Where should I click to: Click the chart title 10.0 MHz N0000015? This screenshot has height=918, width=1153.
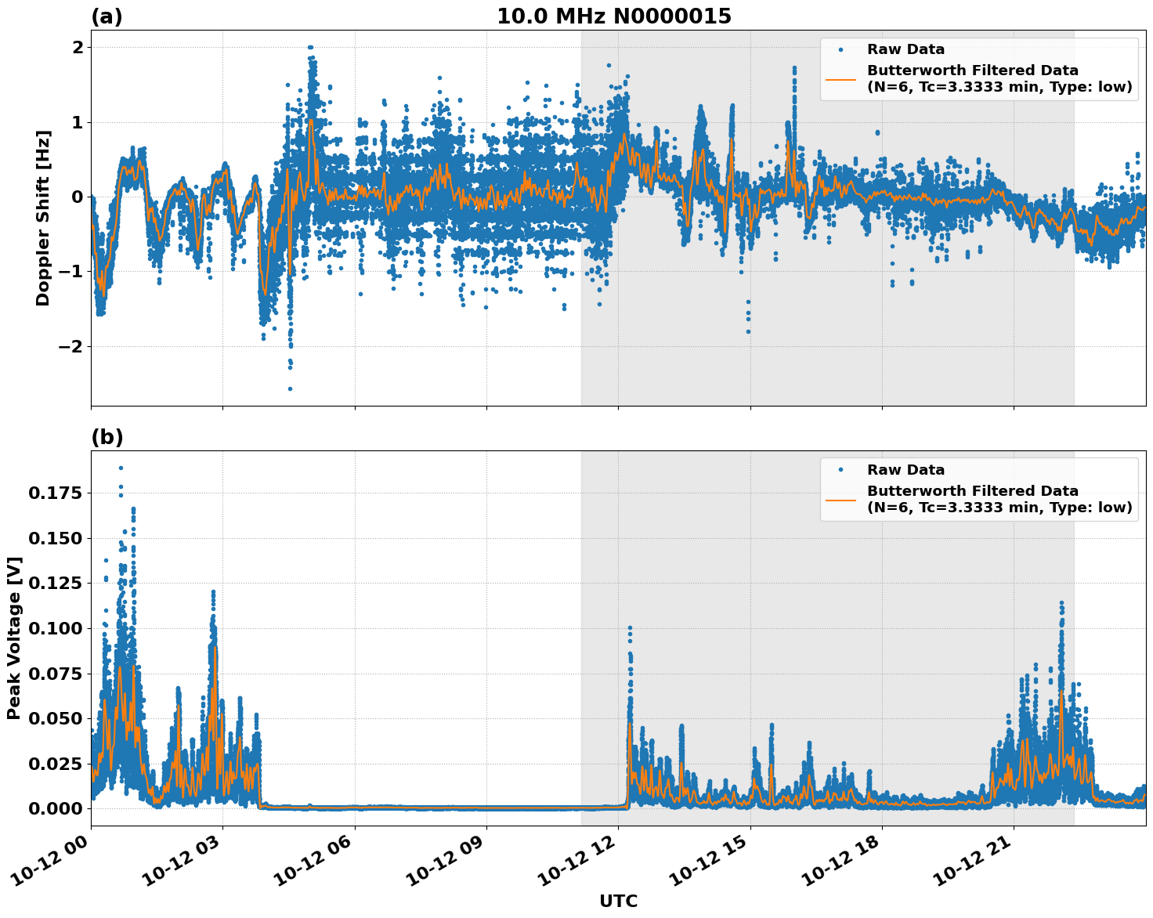pyautogui.click(x=614, y=16)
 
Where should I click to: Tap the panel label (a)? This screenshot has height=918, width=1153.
pyautogui.click(x=107, y=16)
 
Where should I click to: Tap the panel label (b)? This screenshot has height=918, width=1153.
pyautogui.click(x=107, y=437)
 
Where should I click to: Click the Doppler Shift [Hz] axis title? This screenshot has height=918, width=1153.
pyautogui.click(x=43, y=218)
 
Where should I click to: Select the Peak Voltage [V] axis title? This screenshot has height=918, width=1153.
pyautogui.click(x=14, y=638)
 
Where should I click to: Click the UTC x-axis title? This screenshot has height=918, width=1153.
pyautogui.click(x=618, y=901)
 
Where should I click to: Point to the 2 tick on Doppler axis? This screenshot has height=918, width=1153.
pyautogui.click(x=78, y=47)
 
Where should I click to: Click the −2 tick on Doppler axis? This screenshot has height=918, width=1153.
pyautogui.click(x=72, y=346)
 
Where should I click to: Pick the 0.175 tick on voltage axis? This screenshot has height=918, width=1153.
pyautogui.click(x=56, y=493)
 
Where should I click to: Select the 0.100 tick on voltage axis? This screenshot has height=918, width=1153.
pyautogui.click(x=56, y=628)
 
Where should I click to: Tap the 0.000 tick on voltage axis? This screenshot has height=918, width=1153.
pyautogui.click(x=56, y=808)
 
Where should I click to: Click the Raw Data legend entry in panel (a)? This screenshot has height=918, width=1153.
pyautogui.click(x=905, y=49)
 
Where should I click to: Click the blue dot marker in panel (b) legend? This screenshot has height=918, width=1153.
pyautogui.click(x=840, y=470)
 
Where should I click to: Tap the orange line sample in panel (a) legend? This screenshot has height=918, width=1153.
pyautogui.click(x=840, y=78)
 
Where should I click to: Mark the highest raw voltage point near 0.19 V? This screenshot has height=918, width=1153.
pyautogui.click(x=121, y=468)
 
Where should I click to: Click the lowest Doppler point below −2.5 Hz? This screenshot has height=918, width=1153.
pyautogui.click(x=290, y=389)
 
